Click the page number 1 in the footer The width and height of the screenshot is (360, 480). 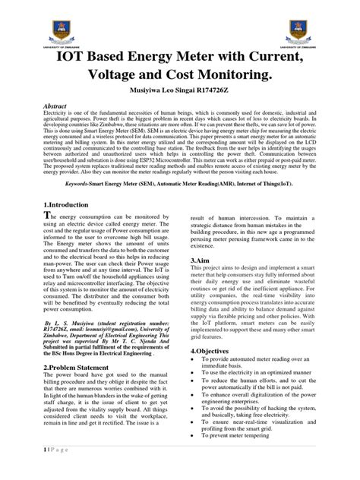(26, 469)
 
